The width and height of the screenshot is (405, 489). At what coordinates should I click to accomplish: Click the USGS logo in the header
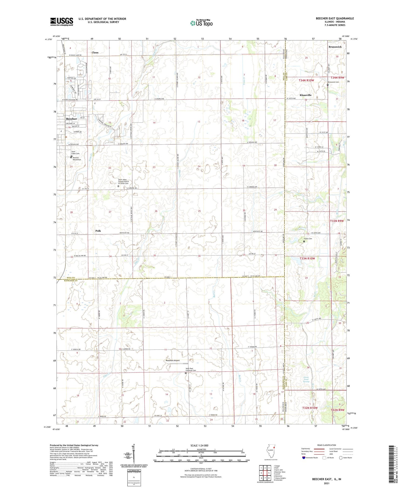tap(62, 22)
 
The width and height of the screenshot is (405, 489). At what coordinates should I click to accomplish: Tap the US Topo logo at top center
tap(201, 23)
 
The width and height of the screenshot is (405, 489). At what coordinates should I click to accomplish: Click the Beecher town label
tap(71, 119)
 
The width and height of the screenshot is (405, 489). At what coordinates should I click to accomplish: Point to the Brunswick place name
tap(335, 47)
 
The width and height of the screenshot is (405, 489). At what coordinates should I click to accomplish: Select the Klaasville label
tap(305, 95)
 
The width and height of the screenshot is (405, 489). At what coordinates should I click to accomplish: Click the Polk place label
tap(98, 231)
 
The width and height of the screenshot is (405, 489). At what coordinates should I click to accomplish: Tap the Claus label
tap(95, 53)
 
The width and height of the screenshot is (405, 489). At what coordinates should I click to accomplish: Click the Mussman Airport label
tap(173, 360)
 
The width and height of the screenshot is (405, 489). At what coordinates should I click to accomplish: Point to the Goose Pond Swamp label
tap(306, 379)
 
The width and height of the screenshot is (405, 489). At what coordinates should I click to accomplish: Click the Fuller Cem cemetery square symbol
tap(304, 242)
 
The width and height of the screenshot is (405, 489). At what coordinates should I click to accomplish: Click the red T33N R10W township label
tap(307, 258)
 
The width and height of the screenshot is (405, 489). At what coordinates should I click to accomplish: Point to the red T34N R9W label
tap(336, 78)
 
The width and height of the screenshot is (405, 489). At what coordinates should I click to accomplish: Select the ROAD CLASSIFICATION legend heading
tap(327, 445)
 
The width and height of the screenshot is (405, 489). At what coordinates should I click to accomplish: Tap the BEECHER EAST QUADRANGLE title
tap(335, 18)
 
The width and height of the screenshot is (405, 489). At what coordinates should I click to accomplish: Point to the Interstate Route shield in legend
tap(304, 458)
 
